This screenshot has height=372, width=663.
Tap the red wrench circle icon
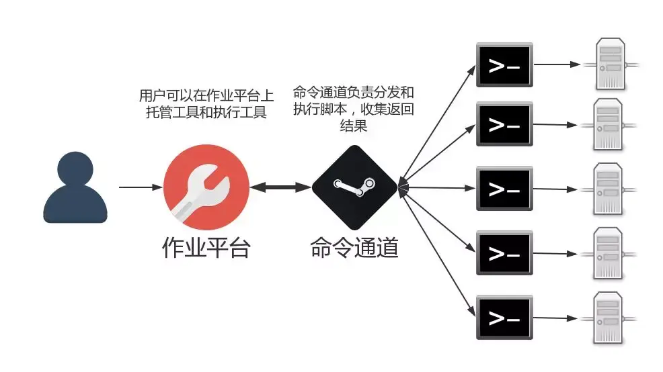pyautogui.click(x=206, y=187)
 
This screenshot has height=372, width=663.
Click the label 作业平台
pyautogui.click(x=206, y=247)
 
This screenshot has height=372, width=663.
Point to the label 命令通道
pyautogui.click(x=354, y=247)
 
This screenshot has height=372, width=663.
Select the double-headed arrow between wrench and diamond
pyautogui.click(x=280, y=187)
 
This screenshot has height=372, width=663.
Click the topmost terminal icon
pyautogui.click(x=504, y=65)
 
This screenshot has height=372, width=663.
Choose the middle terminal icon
pyautogui.click(x=504, y=188)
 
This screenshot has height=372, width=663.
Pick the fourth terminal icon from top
pyautogui.click(x=504, y=252)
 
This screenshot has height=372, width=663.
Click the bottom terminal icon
pyautogui.click(x=504, y=316)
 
